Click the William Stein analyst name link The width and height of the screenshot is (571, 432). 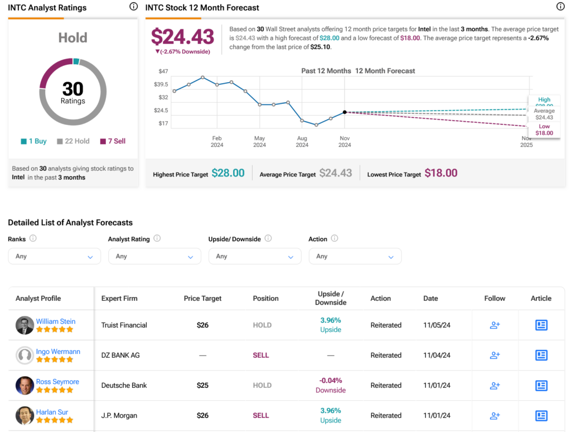click(56, 321)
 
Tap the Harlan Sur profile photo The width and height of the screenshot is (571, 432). click(25, 415)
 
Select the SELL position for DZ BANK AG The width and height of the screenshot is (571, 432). click(261, 355)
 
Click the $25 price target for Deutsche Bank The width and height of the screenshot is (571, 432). click(203, 385)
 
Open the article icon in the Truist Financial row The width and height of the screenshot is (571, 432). click(541, 325)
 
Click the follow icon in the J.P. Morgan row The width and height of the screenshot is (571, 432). click(495, 415)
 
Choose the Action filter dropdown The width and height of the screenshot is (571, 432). click(355, 256)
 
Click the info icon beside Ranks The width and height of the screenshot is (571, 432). click(33, 238)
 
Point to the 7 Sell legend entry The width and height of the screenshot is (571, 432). click(113, 141)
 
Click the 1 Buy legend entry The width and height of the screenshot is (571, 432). click(33, 141)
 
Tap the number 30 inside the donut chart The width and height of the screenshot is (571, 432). click(73, 89)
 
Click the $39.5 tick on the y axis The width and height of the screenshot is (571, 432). click(161, 84)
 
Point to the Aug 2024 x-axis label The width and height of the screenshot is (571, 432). click(302, 141)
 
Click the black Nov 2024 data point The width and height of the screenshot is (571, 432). click(345, 112)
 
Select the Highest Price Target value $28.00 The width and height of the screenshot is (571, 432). click(228, 173)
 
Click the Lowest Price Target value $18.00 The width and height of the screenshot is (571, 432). click(441, 173)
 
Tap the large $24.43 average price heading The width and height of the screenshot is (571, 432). click(183, 37)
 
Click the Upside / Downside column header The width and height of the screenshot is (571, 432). click(331, 298)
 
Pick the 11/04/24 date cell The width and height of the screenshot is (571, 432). click(434, 355)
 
